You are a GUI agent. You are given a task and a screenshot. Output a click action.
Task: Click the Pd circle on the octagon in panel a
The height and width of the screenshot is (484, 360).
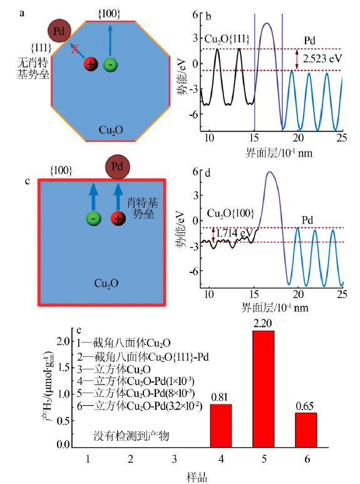coord(59,31)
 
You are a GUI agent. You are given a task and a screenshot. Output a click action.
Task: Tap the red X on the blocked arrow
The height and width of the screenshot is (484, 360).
coord(75,49)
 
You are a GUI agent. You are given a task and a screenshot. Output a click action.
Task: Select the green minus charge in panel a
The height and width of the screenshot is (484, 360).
coord(111,64)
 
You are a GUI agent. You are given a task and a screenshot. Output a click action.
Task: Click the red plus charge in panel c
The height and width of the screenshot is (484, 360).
coord(118,219)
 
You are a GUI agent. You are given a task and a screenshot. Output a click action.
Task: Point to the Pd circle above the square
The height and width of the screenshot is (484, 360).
coord(117,167)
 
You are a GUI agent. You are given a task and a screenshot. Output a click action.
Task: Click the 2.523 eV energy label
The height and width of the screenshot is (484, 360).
coord(322,59)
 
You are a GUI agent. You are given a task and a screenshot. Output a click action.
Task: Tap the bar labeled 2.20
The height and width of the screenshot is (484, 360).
coord(264,389)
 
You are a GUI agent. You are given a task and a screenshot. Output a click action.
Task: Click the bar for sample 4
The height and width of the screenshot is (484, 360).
coord(221,426)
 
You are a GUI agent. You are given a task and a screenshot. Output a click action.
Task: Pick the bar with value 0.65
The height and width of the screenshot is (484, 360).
coord(306,430)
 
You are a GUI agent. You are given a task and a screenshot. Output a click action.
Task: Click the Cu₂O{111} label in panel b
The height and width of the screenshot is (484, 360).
coord(227,39)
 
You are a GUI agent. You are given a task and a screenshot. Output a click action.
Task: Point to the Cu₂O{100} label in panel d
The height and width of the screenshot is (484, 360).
coord(230,214)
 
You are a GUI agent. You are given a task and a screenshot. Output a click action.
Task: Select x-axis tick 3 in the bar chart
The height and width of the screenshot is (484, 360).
coord(174,460)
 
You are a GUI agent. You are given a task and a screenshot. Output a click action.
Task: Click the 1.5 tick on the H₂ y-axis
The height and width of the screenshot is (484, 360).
coord(64,368)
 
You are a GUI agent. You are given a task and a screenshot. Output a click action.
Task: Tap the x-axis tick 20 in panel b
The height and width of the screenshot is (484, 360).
coord(298,138)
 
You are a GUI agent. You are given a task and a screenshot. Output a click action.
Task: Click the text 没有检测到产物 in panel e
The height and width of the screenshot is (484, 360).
coord(131,436)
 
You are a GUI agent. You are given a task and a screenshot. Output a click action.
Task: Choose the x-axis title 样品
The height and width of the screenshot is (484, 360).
coord(197,477)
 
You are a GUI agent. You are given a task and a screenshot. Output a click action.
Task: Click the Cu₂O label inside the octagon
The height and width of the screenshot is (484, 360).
coord(111,130)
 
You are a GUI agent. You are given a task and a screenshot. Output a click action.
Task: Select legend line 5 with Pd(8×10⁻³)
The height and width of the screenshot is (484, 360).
coord(136,393)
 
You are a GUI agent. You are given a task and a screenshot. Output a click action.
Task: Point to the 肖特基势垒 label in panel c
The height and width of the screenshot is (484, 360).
coord(143,208)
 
